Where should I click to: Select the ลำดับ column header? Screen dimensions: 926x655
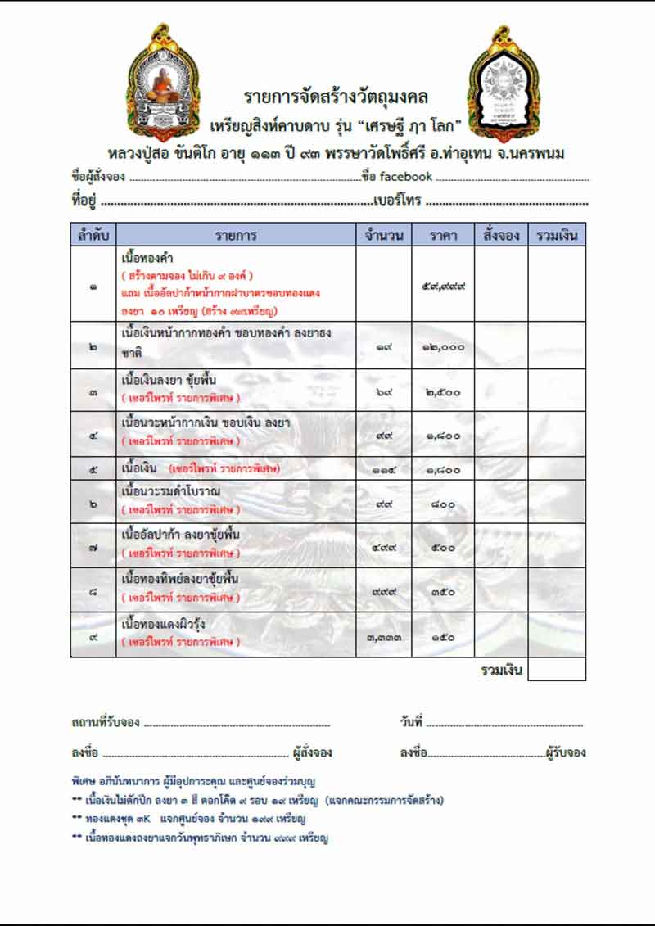pos(93,235)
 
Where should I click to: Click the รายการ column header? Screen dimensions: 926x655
pos(237,235)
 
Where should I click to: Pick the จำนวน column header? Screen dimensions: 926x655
pos(383,235)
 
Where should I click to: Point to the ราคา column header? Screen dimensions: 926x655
pos(443,235)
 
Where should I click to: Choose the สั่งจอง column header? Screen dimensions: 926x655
pos(501,235)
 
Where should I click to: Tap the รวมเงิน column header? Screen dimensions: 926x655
pos(557,235)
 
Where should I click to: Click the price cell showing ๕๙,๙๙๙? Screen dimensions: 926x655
pos(443,287)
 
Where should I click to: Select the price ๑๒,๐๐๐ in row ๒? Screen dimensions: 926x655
pos(443,347)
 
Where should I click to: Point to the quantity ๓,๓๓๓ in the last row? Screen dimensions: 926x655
pos(383,636)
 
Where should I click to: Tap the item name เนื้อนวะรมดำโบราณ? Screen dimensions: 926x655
pos(170,491)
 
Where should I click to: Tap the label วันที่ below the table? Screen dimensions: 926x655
pos(411,722)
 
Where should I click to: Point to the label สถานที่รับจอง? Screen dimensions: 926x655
pos(106,722)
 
